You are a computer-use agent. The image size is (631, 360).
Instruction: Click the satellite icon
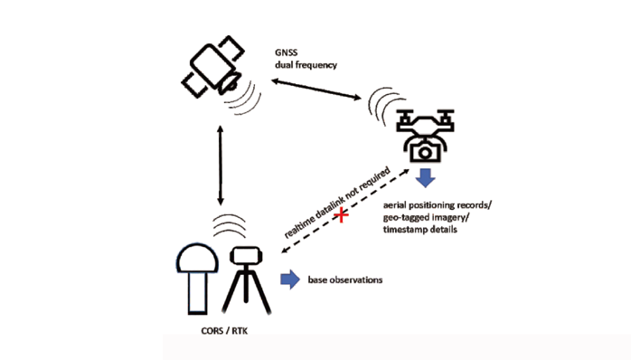pos(213,66)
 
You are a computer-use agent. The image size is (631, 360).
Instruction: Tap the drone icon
pos(425,136)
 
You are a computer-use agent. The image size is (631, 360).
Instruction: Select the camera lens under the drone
pos(425,153)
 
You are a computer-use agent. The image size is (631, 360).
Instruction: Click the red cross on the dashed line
pos(341,215)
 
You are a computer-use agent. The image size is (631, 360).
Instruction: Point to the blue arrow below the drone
pos(426,178)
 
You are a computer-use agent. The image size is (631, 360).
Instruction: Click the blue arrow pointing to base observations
pos(290,279)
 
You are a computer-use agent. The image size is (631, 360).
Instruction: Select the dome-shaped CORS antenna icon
pos(197,279)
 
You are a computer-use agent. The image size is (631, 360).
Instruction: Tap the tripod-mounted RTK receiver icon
pos(246,279)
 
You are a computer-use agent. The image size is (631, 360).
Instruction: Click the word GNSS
pos(287,52)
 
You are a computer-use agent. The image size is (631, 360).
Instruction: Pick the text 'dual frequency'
pos(306,65)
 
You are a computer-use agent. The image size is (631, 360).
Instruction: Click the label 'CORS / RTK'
pos(224,331)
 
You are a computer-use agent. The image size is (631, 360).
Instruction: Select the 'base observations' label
pos(345,279)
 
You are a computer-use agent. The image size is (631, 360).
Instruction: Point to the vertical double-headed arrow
pos(220,166)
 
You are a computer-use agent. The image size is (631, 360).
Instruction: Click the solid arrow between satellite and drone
pos(316,89)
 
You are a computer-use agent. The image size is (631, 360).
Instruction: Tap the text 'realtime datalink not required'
pos(337,203)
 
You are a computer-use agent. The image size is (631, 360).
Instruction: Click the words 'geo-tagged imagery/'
pos(426,218)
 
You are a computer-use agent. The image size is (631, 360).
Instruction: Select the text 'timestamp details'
pos(420,230)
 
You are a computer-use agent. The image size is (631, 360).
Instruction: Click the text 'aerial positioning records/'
pos(438,205)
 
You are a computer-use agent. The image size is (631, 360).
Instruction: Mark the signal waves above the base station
pos(229,226)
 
